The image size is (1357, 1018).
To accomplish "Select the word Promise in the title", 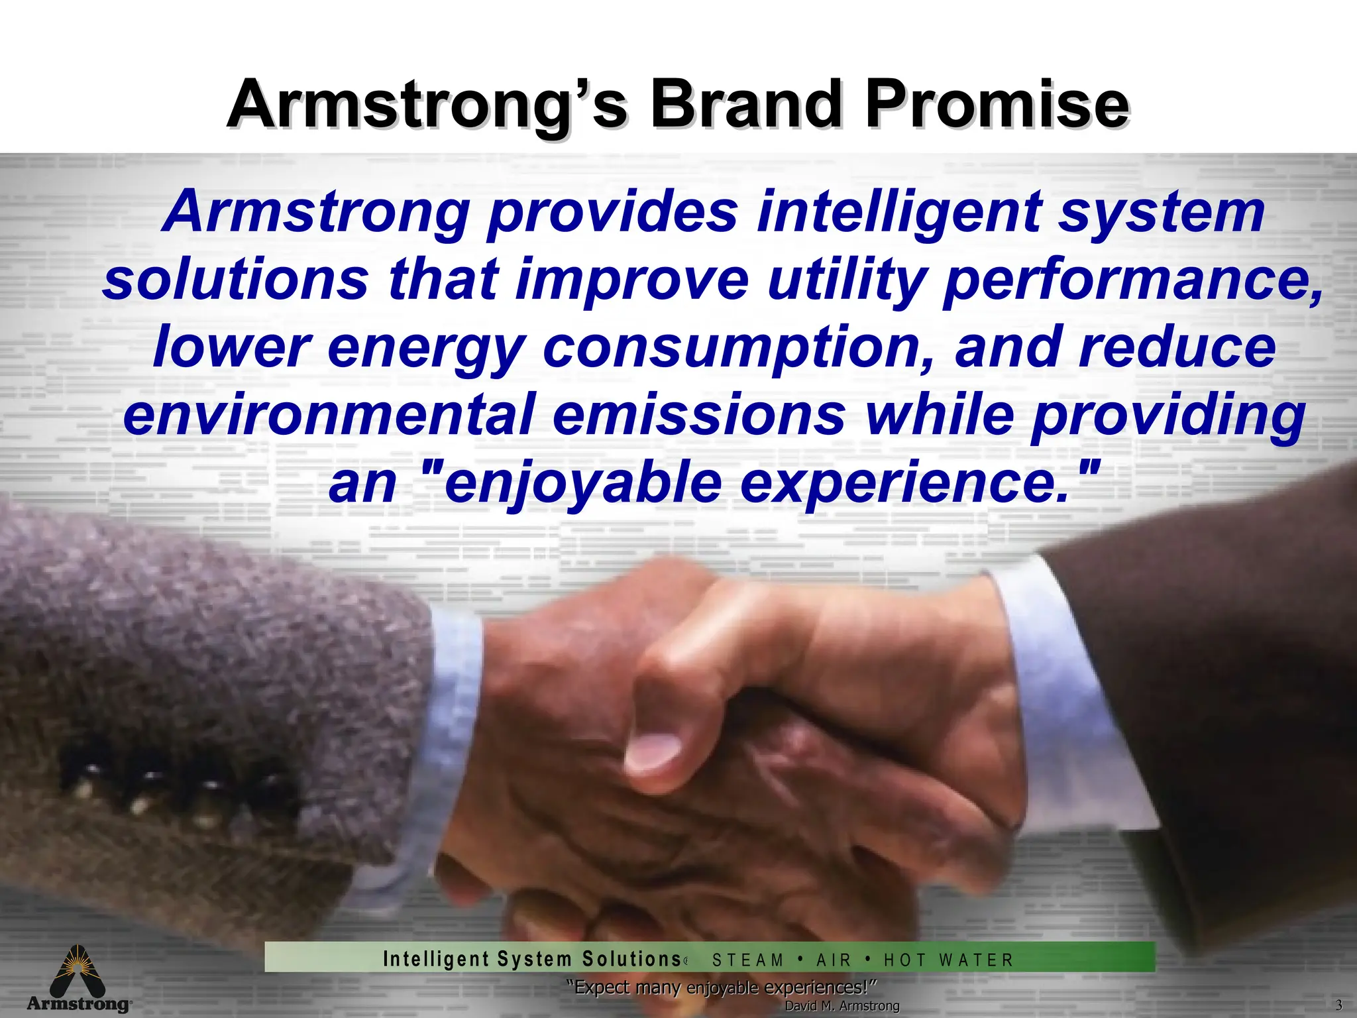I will [997, 105].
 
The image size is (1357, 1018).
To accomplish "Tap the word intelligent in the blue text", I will [897, 212].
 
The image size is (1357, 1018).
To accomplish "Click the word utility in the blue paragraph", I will [845, 280].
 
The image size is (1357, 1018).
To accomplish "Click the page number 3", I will [1338, 1005].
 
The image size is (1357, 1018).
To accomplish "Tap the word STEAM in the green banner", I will [747, 960].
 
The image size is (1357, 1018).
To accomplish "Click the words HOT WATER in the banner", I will [948, 960].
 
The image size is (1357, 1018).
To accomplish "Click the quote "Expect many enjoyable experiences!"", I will [722, 988].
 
